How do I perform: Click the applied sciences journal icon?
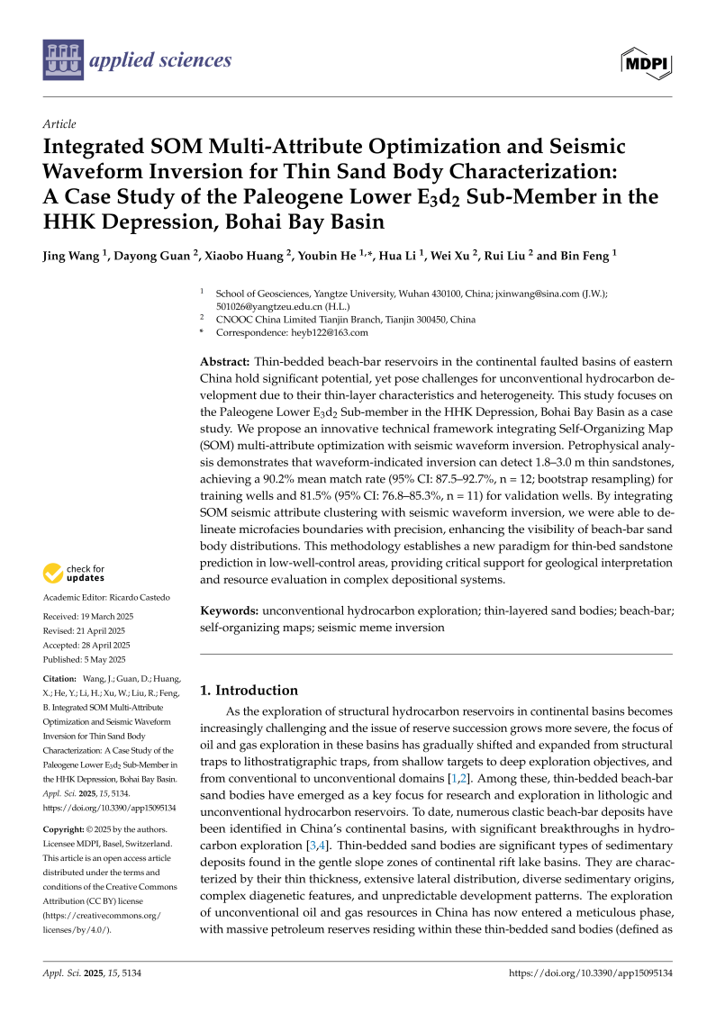(x=63, y=60)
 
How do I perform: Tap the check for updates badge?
(x=74, y=573)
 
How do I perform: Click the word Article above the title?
(x=59, y=124)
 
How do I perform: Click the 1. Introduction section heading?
(x=249, y=690)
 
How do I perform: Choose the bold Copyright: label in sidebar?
(x=66, y=829)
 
